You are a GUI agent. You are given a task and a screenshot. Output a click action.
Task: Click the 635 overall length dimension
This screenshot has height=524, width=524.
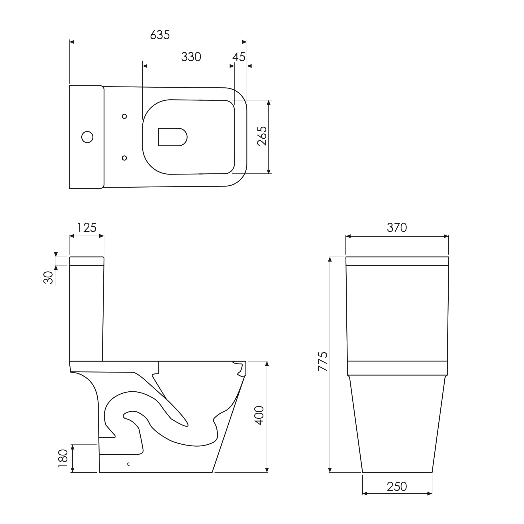160,35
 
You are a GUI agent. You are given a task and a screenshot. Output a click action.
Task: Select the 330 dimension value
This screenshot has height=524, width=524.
191,57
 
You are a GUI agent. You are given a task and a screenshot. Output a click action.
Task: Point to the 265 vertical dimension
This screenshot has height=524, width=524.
262,136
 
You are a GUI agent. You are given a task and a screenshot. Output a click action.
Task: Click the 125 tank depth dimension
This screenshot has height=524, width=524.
87,228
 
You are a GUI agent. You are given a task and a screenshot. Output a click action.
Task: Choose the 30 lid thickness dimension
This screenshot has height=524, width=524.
48,278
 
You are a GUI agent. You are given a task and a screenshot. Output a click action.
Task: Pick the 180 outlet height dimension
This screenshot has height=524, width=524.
63,458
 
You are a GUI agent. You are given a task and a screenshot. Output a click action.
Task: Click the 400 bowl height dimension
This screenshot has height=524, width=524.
259,416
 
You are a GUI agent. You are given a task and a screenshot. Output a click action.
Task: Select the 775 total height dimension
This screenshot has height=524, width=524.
323,361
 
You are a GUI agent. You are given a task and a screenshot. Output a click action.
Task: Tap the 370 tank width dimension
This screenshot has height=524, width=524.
397,228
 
